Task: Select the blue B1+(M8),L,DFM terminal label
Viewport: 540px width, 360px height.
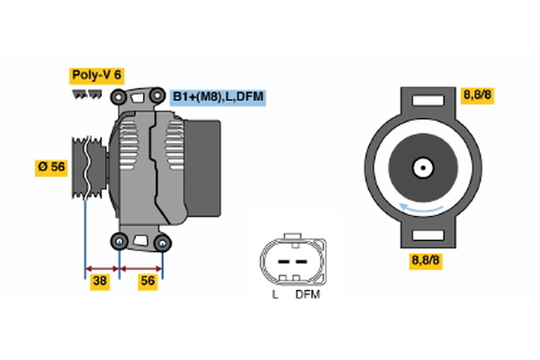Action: (x=220, y=97)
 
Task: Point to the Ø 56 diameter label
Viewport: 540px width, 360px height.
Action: (x=51, y=167)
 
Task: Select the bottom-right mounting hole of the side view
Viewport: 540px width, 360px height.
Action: (x=162, y=242)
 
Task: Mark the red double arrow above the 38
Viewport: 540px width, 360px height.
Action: (x=102, y=267)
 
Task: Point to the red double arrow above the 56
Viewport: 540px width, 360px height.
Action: (x=141, y=267)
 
